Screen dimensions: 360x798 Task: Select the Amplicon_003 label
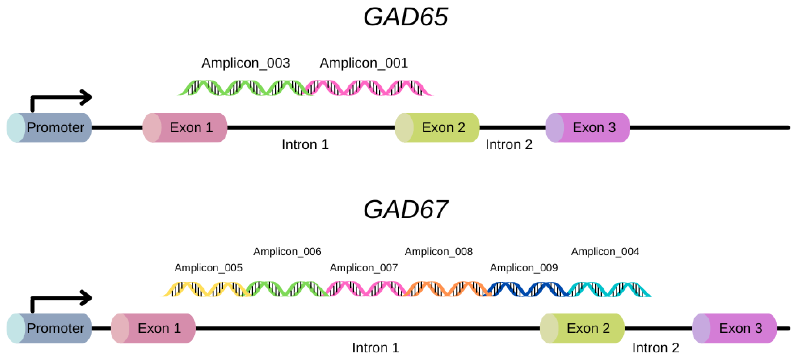246,63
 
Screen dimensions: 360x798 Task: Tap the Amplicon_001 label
364,63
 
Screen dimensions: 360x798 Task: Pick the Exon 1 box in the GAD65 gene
185,128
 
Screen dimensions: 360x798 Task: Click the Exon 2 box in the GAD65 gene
437,128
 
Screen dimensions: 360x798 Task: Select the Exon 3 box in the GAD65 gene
588,128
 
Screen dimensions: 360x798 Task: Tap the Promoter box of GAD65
49,128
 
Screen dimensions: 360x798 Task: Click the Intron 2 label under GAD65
509,145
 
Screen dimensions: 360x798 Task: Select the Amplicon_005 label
208,268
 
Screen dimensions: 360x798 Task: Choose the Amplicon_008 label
439,251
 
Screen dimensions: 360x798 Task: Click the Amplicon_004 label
605,251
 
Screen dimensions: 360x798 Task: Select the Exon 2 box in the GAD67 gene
582,328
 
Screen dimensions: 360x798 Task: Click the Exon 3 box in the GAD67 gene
734,328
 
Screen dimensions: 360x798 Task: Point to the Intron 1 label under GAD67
376,348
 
